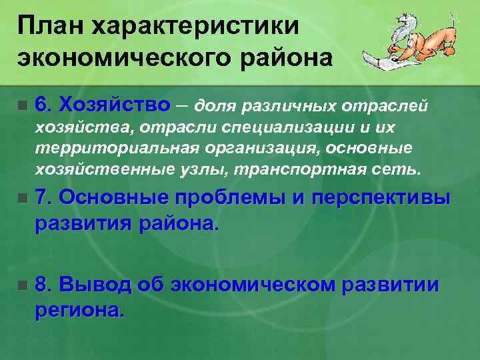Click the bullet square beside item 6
[23, 105]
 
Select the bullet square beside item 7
[23, 198]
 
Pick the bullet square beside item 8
[23, 285]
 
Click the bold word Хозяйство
[115, 105]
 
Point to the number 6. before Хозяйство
[44, 105]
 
